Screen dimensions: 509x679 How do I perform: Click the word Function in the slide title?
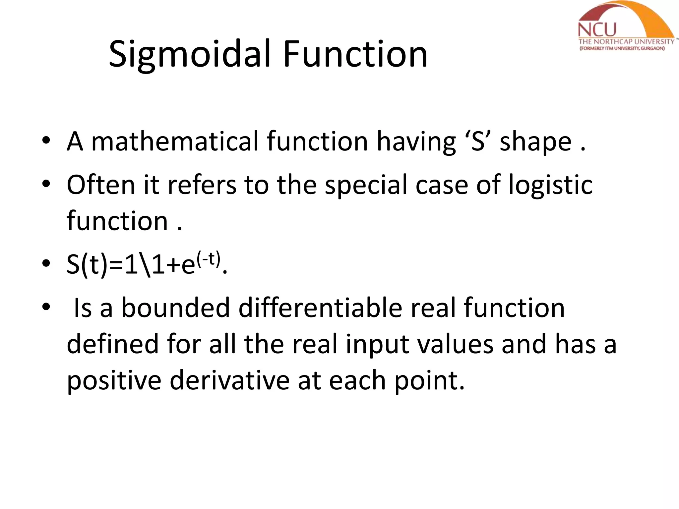[x=355, y=54]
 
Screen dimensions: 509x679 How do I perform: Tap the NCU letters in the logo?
[x=597, y=30]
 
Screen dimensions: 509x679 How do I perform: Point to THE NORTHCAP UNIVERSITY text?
[x=626, y=42]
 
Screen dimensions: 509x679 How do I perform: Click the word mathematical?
[x=174, y=141]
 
